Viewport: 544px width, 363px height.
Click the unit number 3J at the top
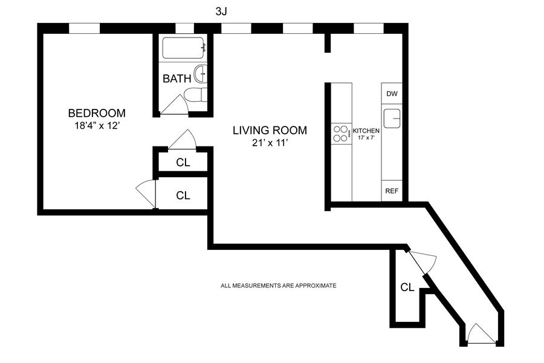pyautogui.click(x=221, y=12)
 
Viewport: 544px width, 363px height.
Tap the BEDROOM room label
pyautogui.click(x=97, y=113)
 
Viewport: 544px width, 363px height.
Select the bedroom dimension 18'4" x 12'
pyautogui.click(x=97, y=125)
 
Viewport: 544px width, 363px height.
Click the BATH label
pyautogui.click(x=177, y=79)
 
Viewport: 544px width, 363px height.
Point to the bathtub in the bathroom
pyautogui.click(x=183, y=48)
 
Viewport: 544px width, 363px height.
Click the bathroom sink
pyautogui.click(x=201, y=74)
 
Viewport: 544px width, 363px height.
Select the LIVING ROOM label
pyautogui.click(x=270, y=130)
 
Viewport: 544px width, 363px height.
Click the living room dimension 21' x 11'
pyautogui.click(x=270, y=142)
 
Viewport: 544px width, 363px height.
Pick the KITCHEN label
pyautogui.click(x=366, y=131)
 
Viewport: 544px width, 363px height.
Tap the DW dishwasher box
pyautogui.click(x=392, y=93)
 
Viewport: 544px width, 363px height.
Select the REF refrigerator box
pyautogui.click(x=392, y=191)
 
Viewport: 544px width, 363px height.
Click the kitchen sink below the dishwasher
pyautogui.click(x=392, y=119)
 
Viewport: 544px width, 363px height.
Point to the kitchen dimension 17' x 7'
pyautogui.click(x=366, y=137)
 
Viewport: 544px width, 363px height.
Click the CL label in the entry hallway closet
pyautogui.click(x=407, y=287)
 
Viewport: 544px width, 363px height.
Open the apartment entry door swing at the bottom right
pyautogui.click(x=480, y=334)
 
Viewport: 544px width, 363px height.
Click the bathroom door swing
pyautogui.click(x=173, y=104)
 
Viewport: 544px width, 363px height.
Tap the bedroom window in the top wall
pyautogui.click(x=85, y=28)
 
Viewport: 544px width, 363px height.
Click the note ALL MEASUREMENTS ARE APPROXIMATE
pyautogui.click(x=278, y=286)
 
